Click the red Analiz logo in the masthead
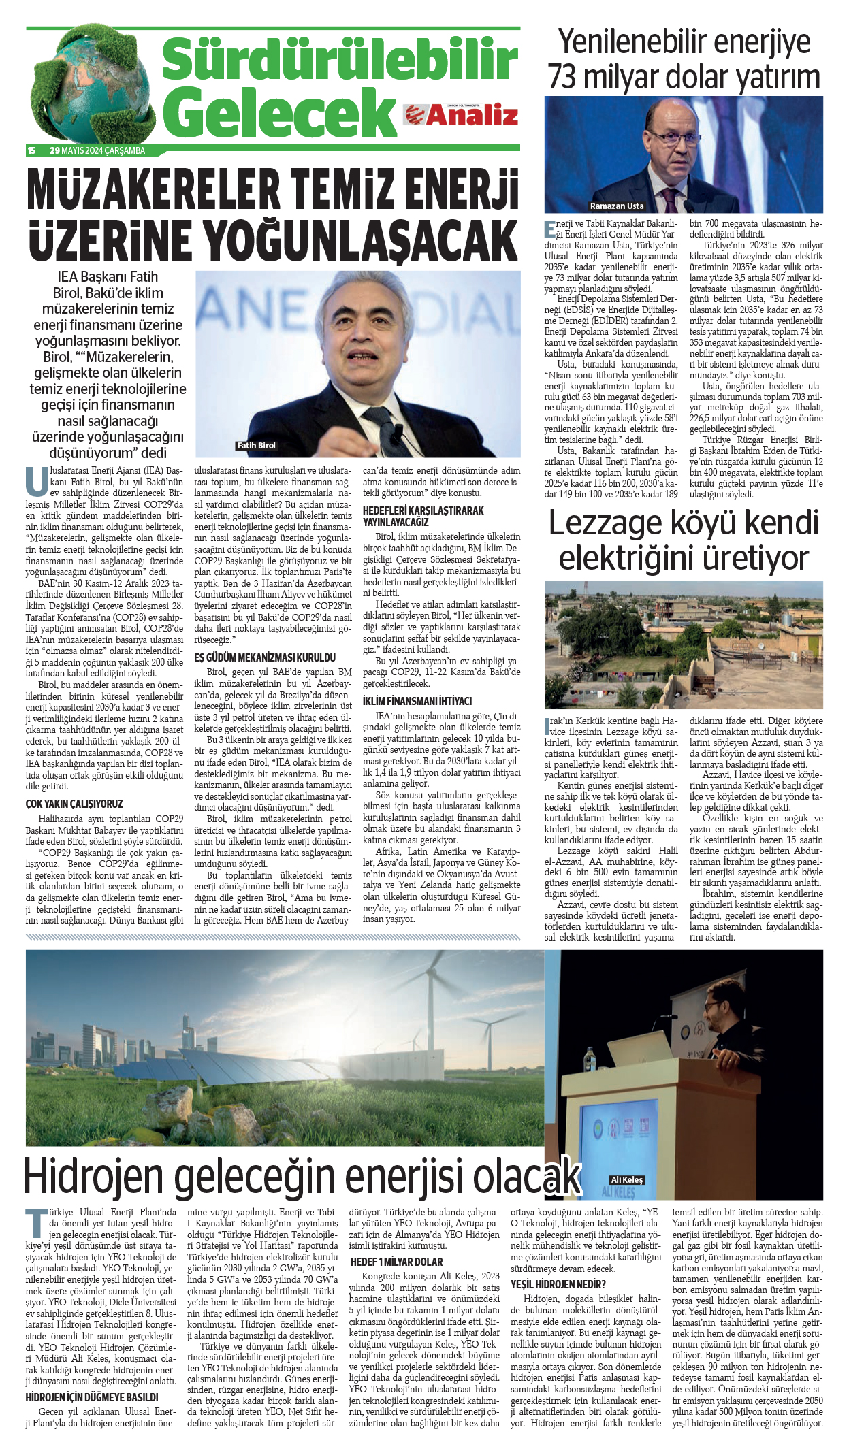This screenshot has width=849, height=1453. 461,115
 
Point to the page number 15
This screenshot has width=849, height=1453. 31,150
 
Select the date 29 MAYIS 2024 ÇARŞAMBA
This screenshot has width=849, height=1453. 97,150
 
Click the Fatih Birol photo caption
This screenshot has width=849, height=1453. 256,446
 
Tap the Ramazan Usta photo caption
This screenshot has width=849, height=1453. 616,206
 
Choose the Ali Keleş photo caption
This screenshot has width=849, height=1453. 626,1180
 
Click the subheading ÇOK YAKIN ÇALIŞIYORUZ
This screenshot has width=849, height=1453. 74,804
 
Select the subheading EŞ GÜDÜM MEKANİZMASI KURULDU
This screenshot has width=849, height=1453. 265,657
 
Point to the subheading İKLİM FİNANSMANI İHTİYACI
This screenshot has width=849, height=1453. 417,701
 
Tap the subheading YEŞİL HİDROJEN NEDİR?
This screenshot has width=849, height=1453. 558,1284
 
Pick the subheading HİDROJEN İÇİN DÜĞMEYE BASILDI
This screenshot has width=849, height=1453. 92,1397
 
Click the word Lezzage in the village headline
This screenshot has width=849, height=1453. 605,523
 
